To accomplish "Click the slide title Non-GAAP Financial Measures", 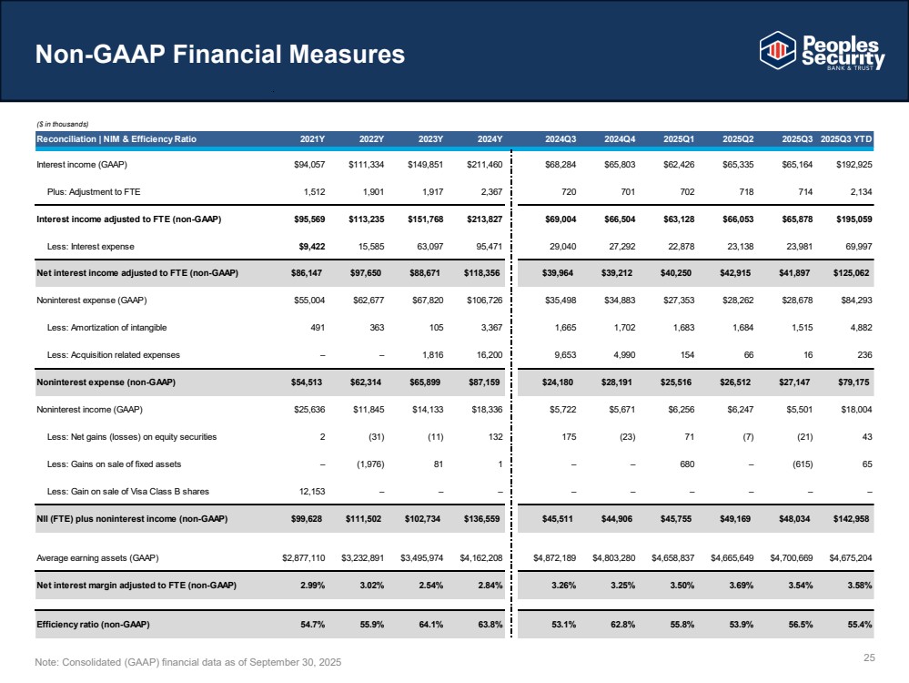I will click(x=219, y=55).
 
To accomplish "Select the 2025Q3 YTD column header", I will click(x=846, y=139).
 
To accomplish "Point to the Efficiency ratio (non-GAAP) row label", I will click(x=92, y=624).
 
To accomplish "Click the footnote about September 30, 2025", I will click(x=188, y=660).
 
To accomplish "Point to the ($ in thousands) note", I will click(x=62, y=124).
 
